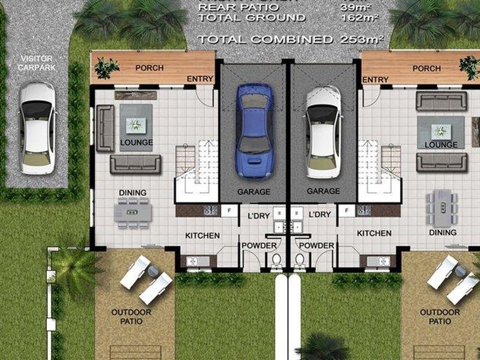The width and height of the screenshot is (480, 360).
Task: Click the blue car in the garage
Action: (254, 131)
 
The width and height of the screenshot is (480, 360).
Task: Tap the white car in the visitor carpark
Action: (37, 128)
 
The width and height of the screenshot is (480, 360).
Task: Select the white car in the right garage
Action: (323, 132)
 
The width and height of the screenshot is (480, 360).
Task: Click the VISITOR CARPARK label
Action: (37, 63)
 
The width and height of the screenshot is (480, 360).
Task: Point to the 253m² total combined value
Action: (362, 39)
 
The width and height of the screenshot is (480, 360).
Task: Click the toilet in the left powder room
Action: (276, 262)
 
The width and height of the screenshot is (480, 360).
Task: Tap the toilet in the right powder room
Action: (299, 262)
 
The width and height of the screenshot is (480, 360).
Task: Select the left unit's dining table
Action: (133, 213)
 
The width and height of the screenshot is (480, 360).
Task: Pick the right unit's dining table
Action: (443, 208)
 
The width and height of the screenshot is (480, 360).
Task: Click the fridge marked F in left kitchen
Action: (229, 211)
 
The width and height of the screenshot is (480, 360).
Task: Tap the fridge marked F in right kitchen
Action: (347, 211)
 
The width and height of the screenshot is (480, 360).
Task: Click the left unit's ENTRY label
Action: (200, 79)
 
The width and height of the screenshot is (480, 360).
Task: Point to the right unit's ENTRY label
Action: (376, 80)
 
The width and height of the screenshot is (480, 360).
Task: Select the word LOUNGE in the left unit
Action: (137, 142)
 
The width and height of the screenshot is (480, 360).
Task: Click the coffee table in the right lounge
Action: (441, 131)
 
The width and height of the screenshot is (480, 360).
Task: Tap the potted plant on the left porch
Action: (106, 68)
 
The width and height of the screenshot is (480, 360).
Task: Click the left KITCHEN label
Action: (203, 236)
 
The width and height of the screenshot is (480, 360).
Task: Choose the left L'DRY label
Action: (259, 216)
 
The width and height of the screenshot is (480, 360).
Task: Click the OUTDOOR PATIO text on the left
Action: (131, 317)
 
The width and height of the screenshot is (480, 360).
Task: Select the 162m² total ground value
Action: (359, 17)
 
